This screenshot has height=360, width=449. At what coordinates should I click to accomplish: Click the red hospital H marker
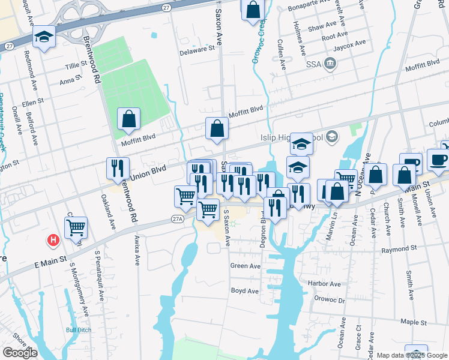click(53, 241)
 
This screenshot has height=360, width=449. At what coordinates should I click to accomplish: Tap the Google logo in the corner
click(20, 353)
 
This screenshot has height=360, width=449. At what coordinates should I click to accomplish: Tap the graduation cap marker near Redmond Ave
click(44, 37)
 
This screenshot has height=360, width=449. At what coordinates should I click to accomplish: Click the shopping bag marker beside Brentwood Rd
click(128, 119)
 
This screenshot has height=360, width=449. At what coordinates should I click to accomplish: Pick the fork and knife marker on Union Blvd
click(118, 169)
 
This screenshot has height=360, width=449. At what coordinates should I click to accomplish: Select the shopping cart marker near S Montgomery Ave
click(76, 227)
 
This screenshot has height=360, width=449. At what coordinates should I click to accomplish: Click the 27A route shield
click(176, 220)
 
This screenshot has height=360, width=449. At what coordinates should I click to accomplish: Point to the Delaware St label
click(199, 50)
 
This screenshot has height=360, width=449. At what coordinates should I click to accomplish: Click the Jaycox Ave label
click(351, 43)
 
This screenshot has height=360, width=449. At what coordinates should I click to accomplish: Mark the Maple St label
click(413, 322)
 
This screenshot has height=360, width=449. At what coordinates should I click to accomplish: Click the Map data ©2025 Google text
click(412, 355)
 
